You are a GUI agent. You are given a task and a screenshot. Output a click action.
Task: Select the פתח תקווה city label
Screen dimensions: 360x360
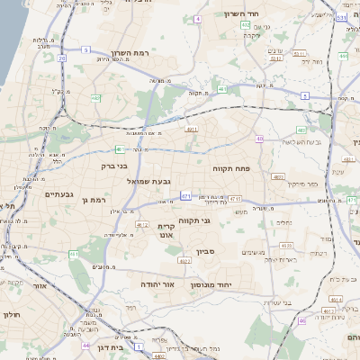(231, 168)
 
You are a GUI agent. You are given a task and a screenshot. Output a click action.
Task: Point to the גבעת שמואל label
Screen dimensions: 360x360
(149, 181)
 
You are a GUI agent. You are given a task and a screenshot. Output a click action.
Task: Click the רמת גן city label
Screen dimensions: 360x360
(94, 200)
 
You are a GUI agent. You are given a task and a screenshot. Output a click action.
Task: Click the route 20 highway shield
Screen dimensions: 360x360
(62, 58)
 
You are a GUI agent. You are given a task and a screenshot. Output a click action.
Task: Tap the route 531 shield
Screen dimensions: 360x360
(341, 17)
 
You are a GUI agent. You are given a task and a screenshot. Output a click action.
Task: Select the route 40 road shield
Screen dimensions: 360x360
(259, 139)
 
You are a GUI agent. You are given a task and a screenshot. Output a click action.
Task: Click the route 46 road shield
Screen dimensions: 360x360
(301, 320)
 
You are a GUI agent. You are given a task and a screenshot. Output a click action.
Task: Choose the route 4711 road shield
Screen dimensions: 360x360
(234, 198)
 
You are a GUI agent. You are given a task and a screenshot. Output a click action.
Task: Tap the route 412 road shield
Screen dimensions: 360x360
(141, 224)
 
